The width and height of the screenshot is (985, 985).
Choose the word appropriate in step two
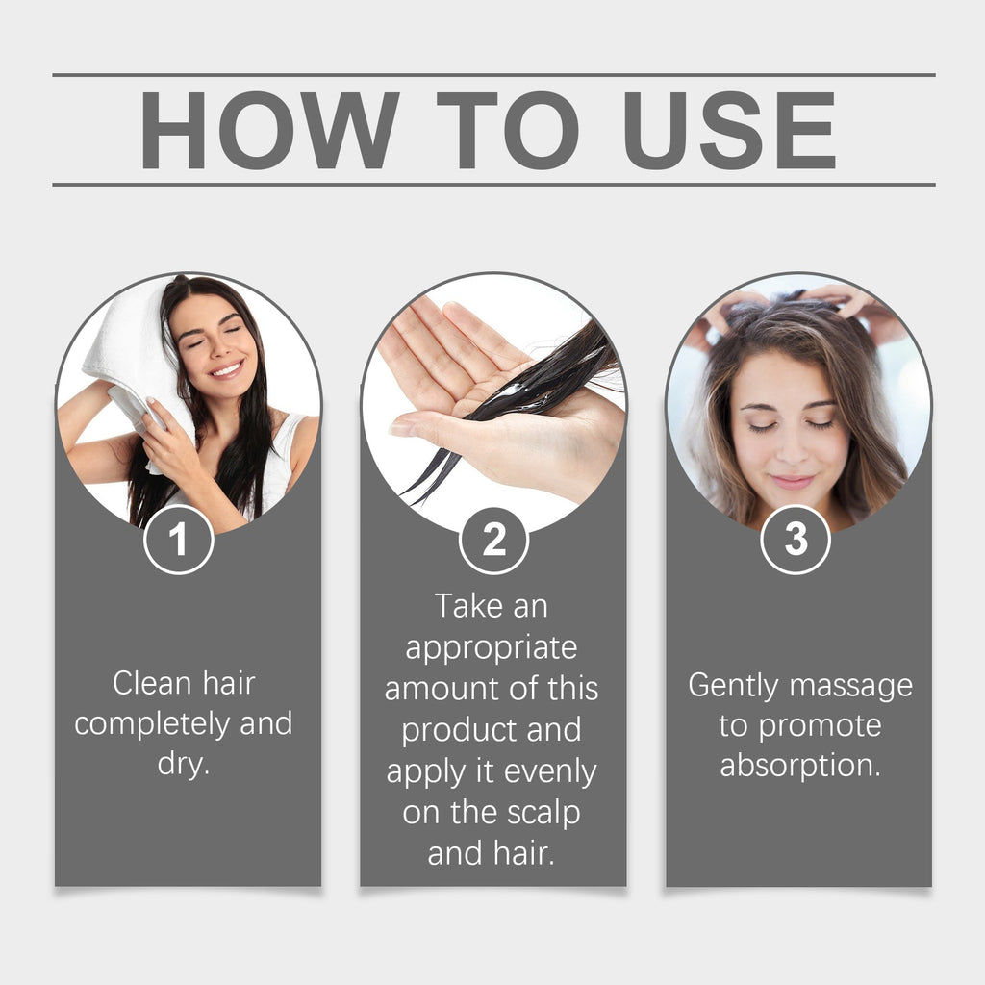coord(491,647)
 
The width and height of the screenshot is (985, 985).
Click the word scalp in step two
coord(543,813)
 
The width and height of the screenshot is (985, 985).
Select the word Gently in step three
coord(737,686)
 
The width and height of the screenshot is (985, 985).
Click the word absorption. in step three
coord(799,767)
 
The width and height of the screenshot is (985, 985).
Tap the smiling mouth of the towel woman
coord(225,369)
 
